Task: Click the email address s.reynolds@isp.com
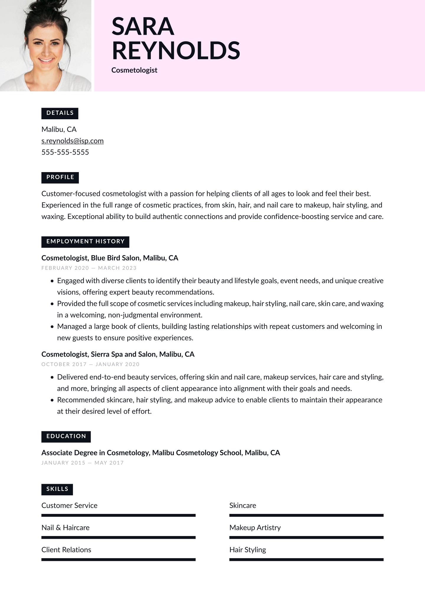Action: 72,141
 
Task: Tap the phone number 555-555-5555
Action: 65,152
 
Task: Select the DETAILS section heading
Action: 60,113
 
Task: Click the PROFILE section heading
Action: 60,177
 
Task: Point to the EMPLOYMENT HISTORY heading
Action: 85,241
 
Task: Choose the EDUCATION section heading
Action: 66,436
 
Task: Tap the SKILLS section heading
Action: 57,489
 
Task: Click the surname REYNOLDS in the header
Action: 176,51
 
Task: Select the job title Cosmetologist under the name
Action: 134,70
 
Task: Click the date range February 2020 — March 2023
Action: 89,268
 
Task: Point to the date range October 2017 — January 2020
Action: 90,364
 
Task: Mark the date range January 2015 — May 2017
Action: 82,463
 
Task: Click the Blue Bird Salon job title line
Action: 110,258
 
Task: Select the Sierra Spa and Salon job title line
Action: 118,354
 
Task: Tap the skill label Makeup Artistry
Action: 255,528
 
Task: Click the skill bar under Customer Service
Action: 118,515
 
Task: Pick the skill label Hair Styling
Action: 248,550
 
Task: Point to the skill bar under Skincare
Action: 306,515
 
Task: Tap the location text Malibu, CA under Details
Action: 59,129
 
